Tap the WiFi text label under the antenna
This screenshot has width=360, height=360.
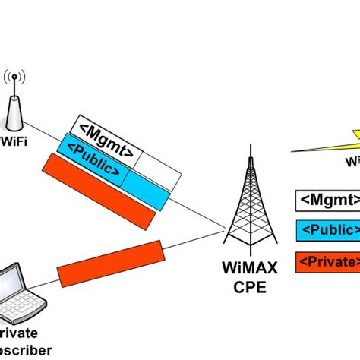14,141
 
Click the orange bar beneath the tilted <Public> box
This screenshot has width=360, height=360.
99,191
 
